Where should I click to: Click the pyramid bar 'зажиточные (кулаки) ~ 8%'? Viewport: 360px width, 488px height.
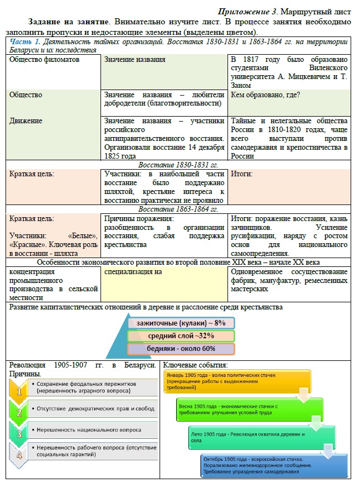point(181,322)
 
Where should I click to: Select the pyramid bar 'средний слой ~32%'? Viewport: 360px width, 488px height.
point(181,335)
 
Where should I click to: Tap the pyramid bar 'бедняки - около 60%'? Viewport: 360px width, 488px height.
point(181,349)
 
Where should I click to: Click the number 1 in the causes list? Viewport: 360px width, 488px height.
point(20,390)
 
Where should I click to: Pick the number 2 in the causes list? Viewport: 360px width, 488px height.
point(20,412)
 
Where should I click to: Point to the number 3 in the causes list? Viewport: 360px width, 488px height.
point(20,433)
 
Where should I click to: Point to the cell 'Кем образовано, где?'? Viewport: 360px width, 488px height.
point(265,95)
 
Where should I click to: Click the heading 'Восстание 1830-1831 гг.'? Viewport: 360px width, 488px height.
point(178,165)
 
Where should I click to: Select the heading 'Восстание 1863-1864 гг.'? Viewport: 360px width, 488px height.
point(178,209)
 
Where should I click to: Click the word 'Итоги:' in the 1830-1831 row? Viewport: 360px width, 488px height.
point(242,174)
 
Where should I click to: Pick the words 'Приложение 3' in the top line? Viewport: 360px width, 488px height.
point(243,11)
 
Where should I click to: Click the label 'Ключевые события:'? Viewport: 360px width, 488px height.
point(195,365)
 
